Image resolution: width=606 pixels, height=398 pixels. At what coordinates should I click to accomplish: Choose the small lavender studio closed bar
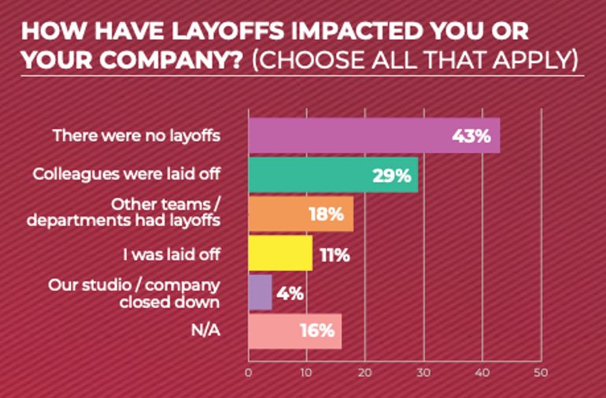click(x=260, y=292)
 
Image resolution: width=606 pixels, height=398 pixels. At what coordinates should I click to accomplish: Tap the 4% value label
click(x=289, y=293)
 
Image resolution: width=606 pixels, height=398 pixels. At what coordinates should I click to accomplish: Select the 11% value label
click(x=334, y=255)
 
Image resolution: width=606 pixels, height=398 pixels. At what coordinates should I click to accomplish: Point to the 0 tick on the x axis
click(x=248, y=372)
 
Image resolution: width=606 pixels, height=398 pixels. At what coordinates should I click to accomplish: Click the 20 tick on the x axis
click(x=365, y=372)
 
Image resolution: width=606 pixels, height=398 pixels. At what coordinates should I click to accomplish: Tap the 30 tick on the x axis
click(x=423, y=372)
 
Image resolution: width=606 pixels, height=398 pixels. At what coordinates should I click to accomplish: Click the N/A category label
click(x=205, y=331)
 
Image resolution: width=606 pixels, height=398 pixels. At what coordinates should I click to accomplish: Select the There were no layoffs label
click(x=136, y=136)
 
